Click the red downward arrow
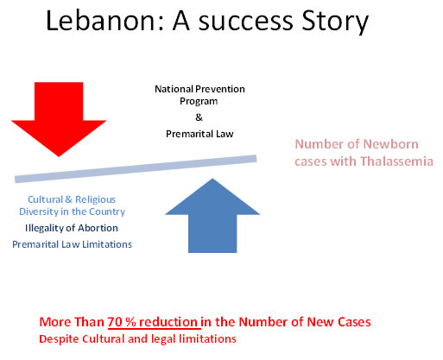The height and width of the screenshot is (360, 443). tap(59, 118)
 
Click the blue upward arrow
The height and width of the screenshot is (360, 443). tap(212, 216)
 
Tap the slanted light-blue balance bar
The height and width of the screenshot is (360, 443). tap(136, 168)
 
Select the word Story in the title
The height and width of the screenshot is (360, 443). tap(335, 22)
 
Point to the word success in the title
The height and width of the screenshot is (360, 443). tap(246, 22)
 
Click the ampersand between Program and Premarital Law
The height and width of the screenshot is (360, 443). tap(199, 117)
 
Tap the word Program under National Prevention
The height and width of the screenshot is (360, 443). tap(199, 102)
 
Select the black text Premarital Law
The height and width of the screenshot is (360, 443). tap(199, 134)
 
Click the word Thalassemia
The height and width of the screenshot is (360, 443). tap(396, 161)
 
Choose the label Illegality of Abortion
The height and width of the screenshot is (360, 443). tap(72, 228)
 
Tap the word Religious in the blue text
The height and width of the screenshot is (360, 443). tap(95, 199)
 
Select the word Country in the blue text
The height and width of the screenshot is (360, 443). tap(107, 212)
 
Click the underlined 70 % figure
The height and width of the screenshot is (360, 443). tap(122, 322)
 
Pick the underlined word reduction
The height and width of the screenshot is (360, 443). tap(168, 322)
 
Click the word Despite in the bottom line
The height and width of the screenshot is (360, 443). tap(59, 339)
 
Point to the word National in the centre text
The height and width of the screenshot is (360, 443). tap(174, 89)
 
